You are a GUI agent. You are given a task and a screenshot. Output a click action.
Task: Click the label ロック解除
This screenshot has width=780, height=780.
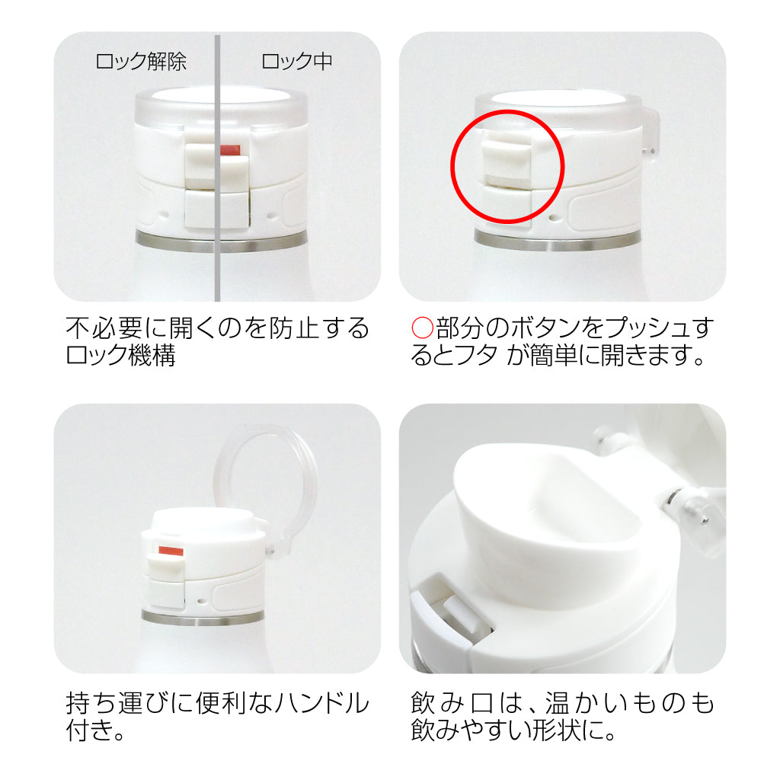141,62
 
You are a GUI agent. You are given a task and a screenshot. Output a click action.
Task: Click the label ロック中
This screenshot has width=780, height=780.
296,62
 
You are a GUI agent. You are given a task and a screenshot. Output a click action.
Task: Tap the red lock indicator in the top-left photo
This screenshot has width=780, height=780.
230,150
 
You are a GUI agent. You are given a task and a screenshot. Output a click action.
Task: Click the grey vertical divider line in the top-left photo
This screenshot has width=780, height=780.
217,168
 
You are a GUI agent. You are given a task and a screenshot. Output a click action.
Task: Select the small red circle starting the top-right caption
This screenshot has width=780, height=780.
422,328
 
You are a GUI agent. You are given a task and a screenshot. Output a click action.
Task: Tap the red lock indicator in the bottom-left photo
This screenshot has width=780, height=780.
171,551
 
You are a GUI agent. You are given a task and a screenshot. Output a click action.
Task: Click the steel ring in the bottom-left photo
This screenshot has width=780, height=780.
203,617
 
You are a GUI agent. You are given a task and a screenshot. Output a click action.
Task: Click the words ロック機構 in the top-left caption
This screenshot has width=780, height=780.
121,355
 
